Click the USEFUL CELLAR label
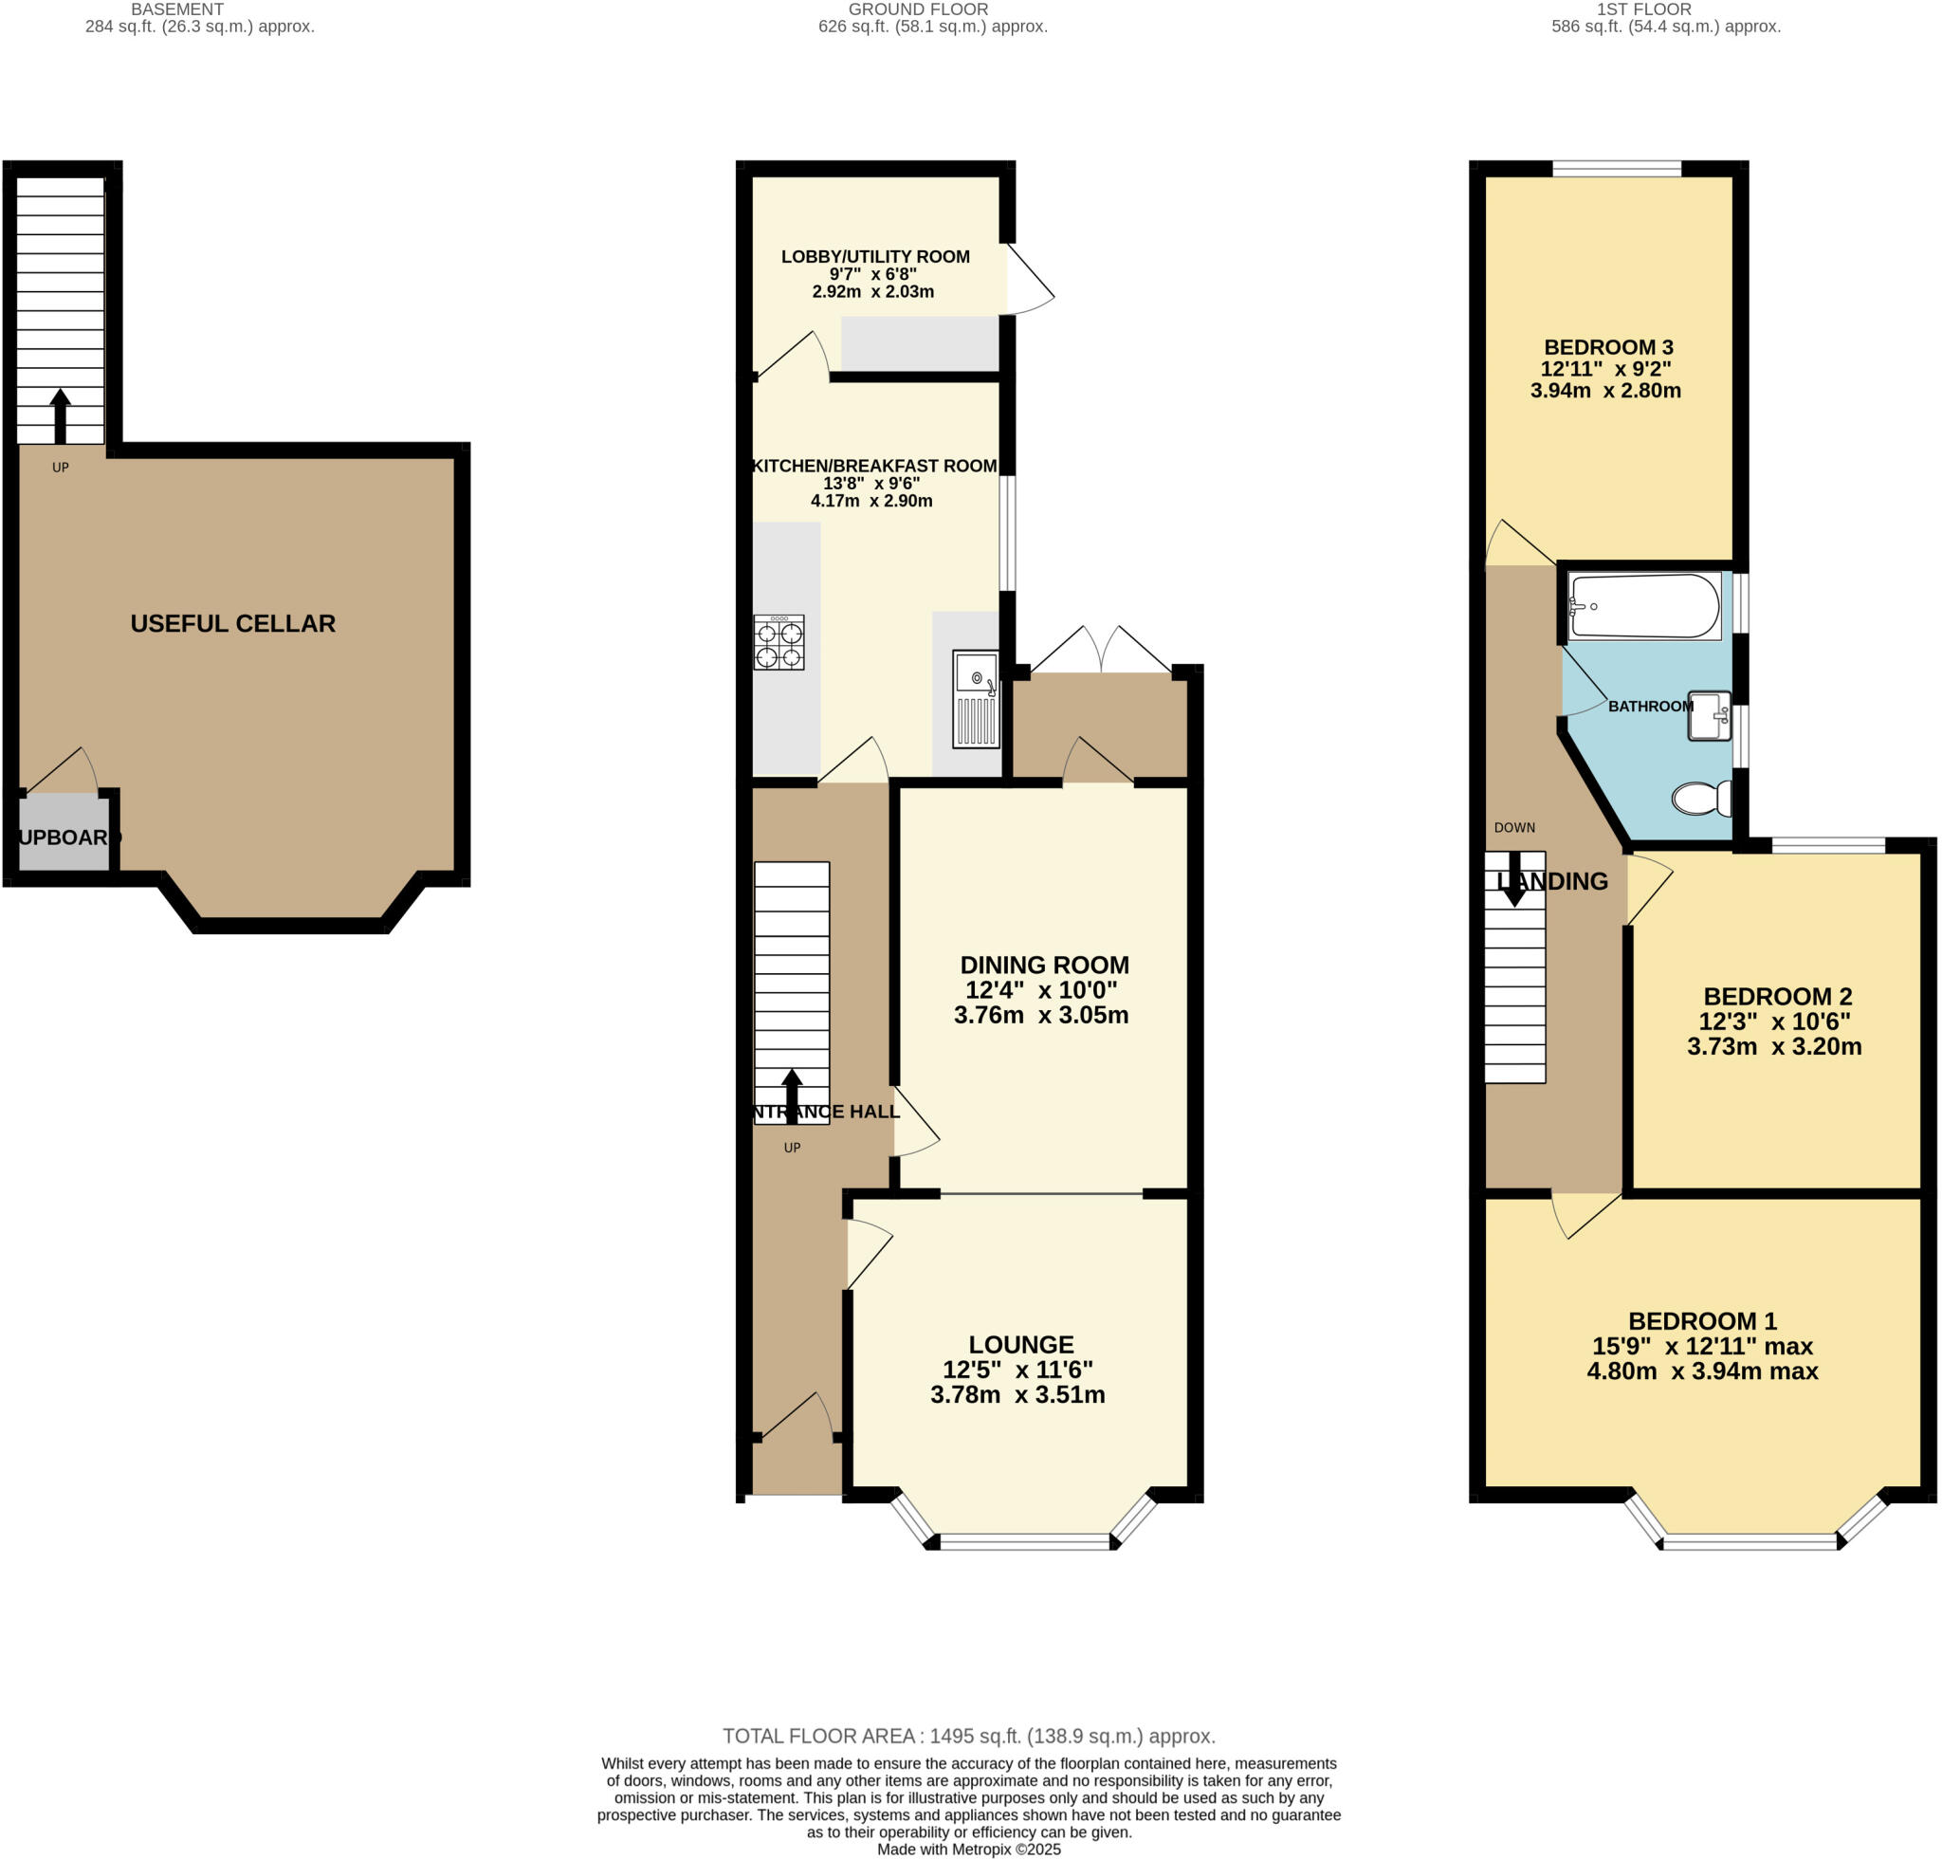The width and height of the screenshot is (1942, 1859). pyautogui.click(x=233, y=623)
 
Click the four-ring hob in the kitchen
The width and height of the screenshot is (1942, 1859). pyautogui.click(x=779, y=643)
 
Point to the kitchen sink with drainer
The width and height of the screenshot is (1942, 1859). pyautogui.click(x=976, y=699)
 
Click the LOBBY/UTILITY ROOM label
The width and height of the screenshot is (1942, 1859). pyautogui.click(x=875, y=257)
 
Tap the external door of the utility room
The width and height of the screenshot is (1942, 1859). pyautogui.click(x=1029, y=280)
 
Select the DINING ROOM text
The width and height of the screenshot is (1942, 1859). pyautogui.click(x=1043, y=966)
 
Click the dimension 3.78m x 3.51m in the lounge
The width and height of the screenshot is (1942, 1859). pyautogui.click(x=1017, y=1394)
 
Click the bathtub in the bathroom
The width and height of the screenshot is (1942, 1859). pyautogui.click(x=1645, y=606)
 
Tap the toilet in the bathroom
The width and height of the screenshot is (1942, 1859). pyautogui.click(x=1701, y=798)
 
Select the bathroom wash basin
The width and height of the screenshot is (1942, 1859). pyautogui.click(x=1710, y=715)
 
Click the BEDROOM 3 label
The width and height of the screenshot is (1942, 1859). pyautogui.click(x=1607, y=347)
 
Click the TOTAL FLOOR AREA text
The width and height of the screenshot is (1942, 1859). pyautogui.click(x=968, y=1736)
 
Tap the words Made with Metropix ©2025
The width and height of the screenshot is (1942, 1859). pyautogui.click(x=968, y=1850)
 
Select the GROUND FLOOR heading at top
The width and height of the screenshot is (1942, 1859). pyautogui.click(x=918, y=9)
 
